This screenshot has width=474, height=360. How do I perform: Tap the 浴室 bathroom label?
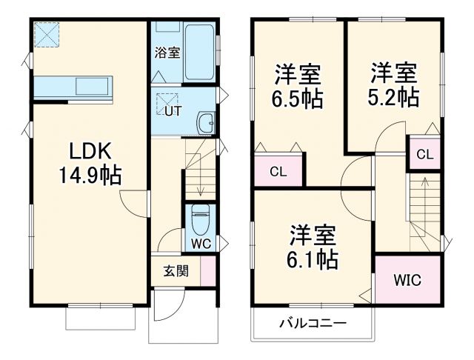tap(167, 53)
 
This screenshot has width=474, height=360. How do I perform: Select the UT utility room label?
tap(172, 112)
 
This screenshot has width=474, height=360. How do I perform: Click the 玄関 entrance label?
tap(176, 270)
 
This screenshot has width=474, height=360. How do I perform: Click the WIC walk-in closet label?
tap(407, 281)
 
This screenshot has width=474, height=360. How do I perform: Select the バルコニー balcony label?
tap(312, 324)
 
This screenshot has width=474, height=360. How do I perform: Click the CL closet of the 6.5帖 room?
tap(278, 172)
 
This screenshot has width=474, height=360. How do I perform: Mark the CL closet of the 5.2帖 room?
tap(424, 154)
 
